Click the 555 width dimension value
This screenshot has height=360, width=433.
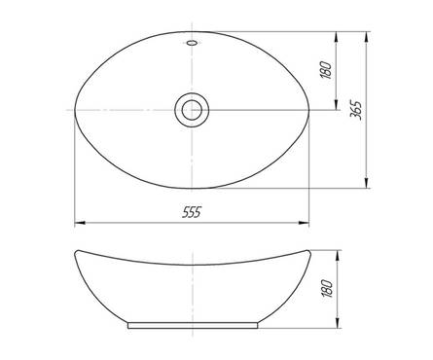point(192,212)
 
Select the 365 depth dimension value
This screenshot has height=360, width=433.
point(357,110)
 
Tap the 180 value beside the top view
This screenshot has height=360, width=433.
point(326,70)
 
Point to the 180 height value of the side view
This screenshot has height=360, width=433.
point(327,289)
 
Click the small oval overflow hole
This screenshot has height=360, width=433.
point(192,43)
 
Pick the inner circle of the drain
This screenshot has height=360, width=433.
point(192,110)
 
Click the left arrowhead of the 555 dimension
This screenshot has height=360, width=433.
point(80,223)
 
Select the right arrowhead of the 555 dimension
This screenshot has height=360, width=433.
point(304,223)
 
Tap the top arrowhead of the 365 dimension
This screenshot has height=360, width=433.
point(367,37)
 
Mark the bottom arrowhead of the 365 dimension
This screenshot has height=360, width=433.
point(367,183)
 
